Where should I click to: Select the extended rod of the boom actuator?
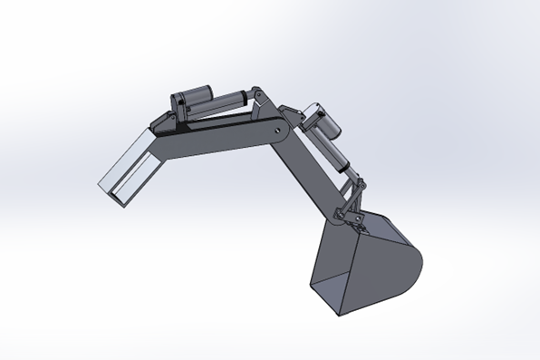[x=233, y=93]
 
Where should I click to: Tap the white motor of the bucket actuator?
[x=319, y=117]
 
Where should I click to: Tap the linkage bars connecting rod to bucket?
[x=353, y=199]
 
